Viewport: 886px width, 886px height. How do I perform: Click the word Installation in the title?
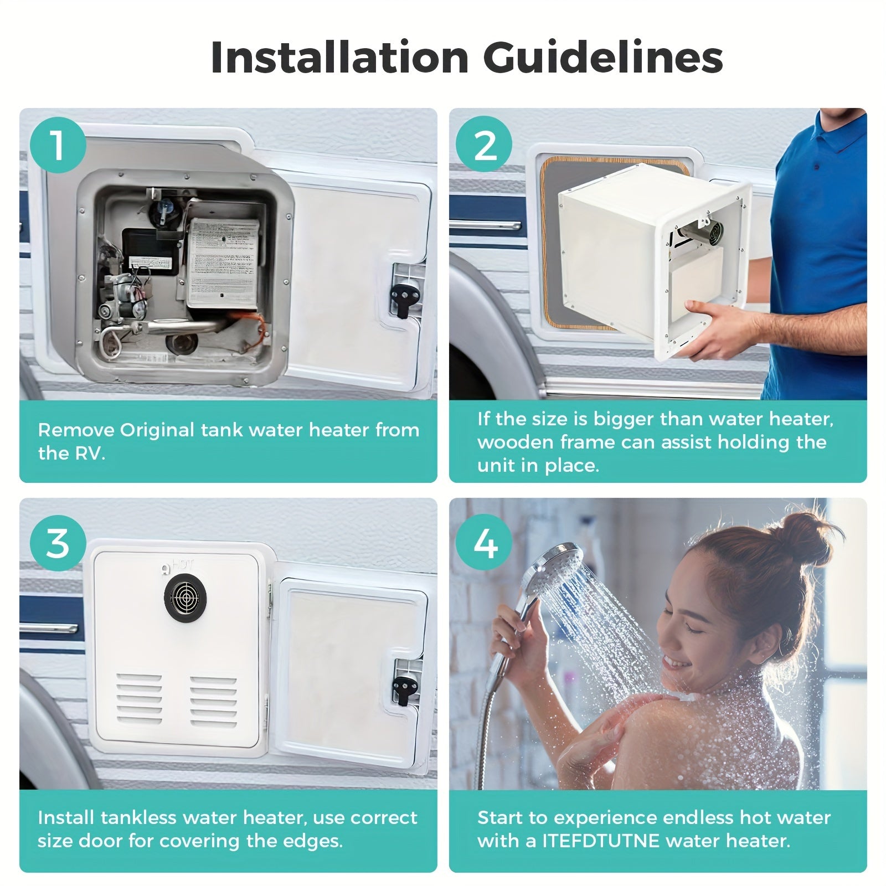339,57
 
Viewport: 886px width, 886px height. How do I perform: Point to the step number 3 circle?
58,543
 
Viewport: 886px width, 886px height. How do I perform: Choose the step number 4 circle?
485,543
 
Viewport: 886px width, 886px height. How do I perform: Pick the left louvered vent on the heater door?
139,700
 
